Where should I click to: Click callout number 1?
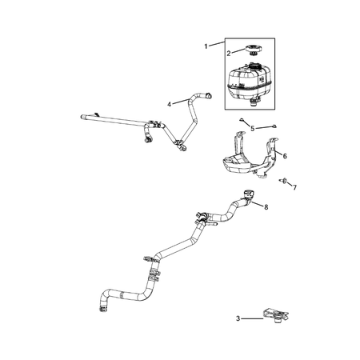point(206,46)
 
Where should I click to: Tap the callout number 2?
point(229,53)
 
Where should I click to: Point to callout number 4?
point(170,104)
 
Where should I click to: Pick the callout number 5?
point(252,128)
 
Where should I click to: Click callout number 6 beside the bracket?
point(285,155)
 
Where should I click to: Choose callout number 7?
point(294,187)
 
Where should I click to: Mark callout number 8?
point(266,206)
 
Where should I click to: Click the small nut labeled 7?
point(284,181)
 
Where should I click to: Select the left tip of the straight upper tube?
point(81,118)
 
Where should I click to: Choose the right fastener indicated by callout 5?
point(273,125)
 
